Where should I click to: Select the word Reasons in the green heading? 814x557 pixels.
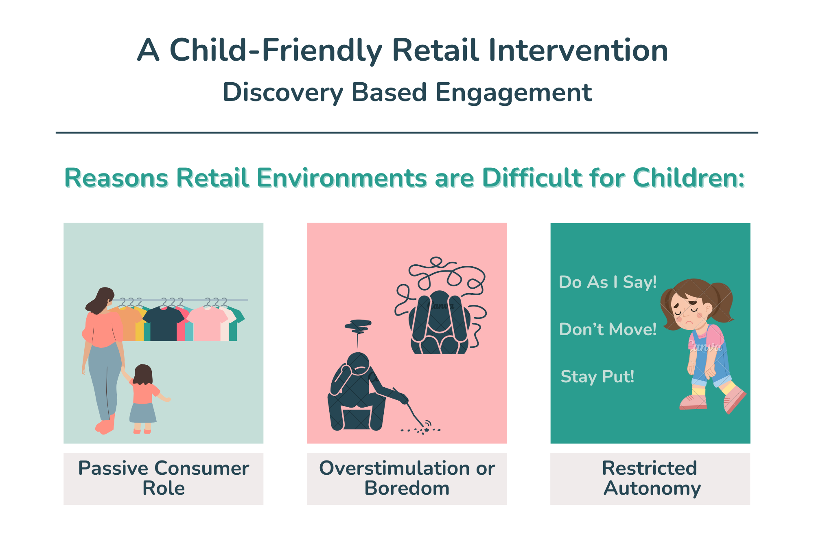(x=116, y=178)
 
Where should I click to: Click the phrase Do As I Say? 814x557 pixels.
(x=608, y=282)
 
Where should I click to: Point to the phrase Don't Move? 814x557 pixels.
(x=608, y=329)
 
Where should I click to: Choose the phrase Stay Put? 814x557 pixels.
(x=597, y=377)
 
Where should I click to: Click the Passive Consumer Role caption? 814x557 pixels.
(x=164, y=478)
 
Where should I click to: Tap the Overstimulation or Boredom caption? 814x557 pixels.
(x=407, y=478)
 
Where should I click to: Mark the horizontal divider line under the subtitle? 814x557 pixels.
(x=407, y=132)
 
